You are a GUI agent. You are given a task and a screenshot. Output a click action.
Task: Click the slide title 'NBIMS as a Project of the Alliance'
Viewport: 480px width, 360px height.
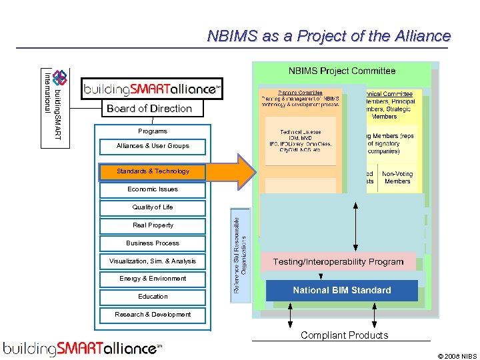coord(329,36)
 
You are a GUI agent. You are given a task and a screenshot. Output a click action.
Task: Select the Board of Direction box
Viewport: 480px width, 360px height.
coord(149,109)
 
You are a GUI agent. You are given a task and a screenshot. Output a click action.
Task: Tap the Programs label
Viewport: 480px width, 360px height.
coord(153,131)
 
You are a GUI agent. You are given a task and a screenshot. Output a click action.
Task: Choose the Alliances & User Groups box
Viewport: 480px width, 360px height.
coord(153,146)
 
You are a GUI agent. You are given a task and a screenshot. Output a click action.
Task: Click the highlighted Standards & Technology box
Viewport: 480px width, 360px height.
coord(153,171)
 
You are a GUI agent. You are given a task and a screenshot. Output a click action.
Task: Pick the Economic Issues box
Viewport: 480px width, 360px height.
coord(153,189)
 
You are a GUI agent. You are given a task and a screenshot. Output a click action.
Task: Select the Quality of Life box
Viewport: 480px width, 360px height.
coord(153,207)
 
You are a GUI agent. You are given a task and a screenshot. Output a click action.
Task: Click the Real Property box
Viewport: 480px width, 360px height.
coord(153,225)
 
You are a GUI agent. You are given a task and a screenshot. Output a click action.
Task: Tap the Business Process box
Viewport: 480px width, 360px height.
coord(153,243)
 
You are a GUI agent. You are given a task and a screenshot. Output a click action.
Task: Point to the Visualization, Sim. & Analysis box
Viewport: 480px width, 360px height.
coord(153,261)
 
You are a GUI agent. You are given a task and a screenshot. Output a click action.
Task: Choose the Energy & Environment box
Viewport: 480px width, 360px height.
coord(153,279)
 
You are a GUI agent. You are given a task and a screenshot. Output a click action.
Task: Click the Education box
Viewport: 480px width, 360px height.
coord(153,297)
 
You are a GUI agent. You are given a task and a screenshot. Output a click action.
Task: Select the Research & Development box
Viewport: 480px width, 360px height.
coord(153,315)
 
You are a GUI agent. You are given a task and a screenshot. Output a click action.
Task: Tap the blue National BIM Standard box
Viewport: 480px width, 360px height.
coord(342,291)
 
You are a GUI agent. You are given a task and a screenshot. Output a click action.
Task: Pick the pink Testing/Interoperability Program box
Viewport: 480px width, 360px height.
coord(338,262)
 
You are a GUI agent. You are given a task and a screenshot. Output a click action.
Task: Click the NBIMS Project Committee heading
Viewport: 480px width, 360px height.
coord(342,71)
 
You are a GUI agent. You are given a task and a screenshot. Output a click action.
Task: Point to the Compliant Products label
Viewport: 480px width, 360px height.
coord(344,335)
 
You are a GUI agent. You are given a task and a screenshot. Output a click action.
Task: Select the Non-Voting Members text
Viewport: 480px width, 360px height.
coord(397,177)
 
